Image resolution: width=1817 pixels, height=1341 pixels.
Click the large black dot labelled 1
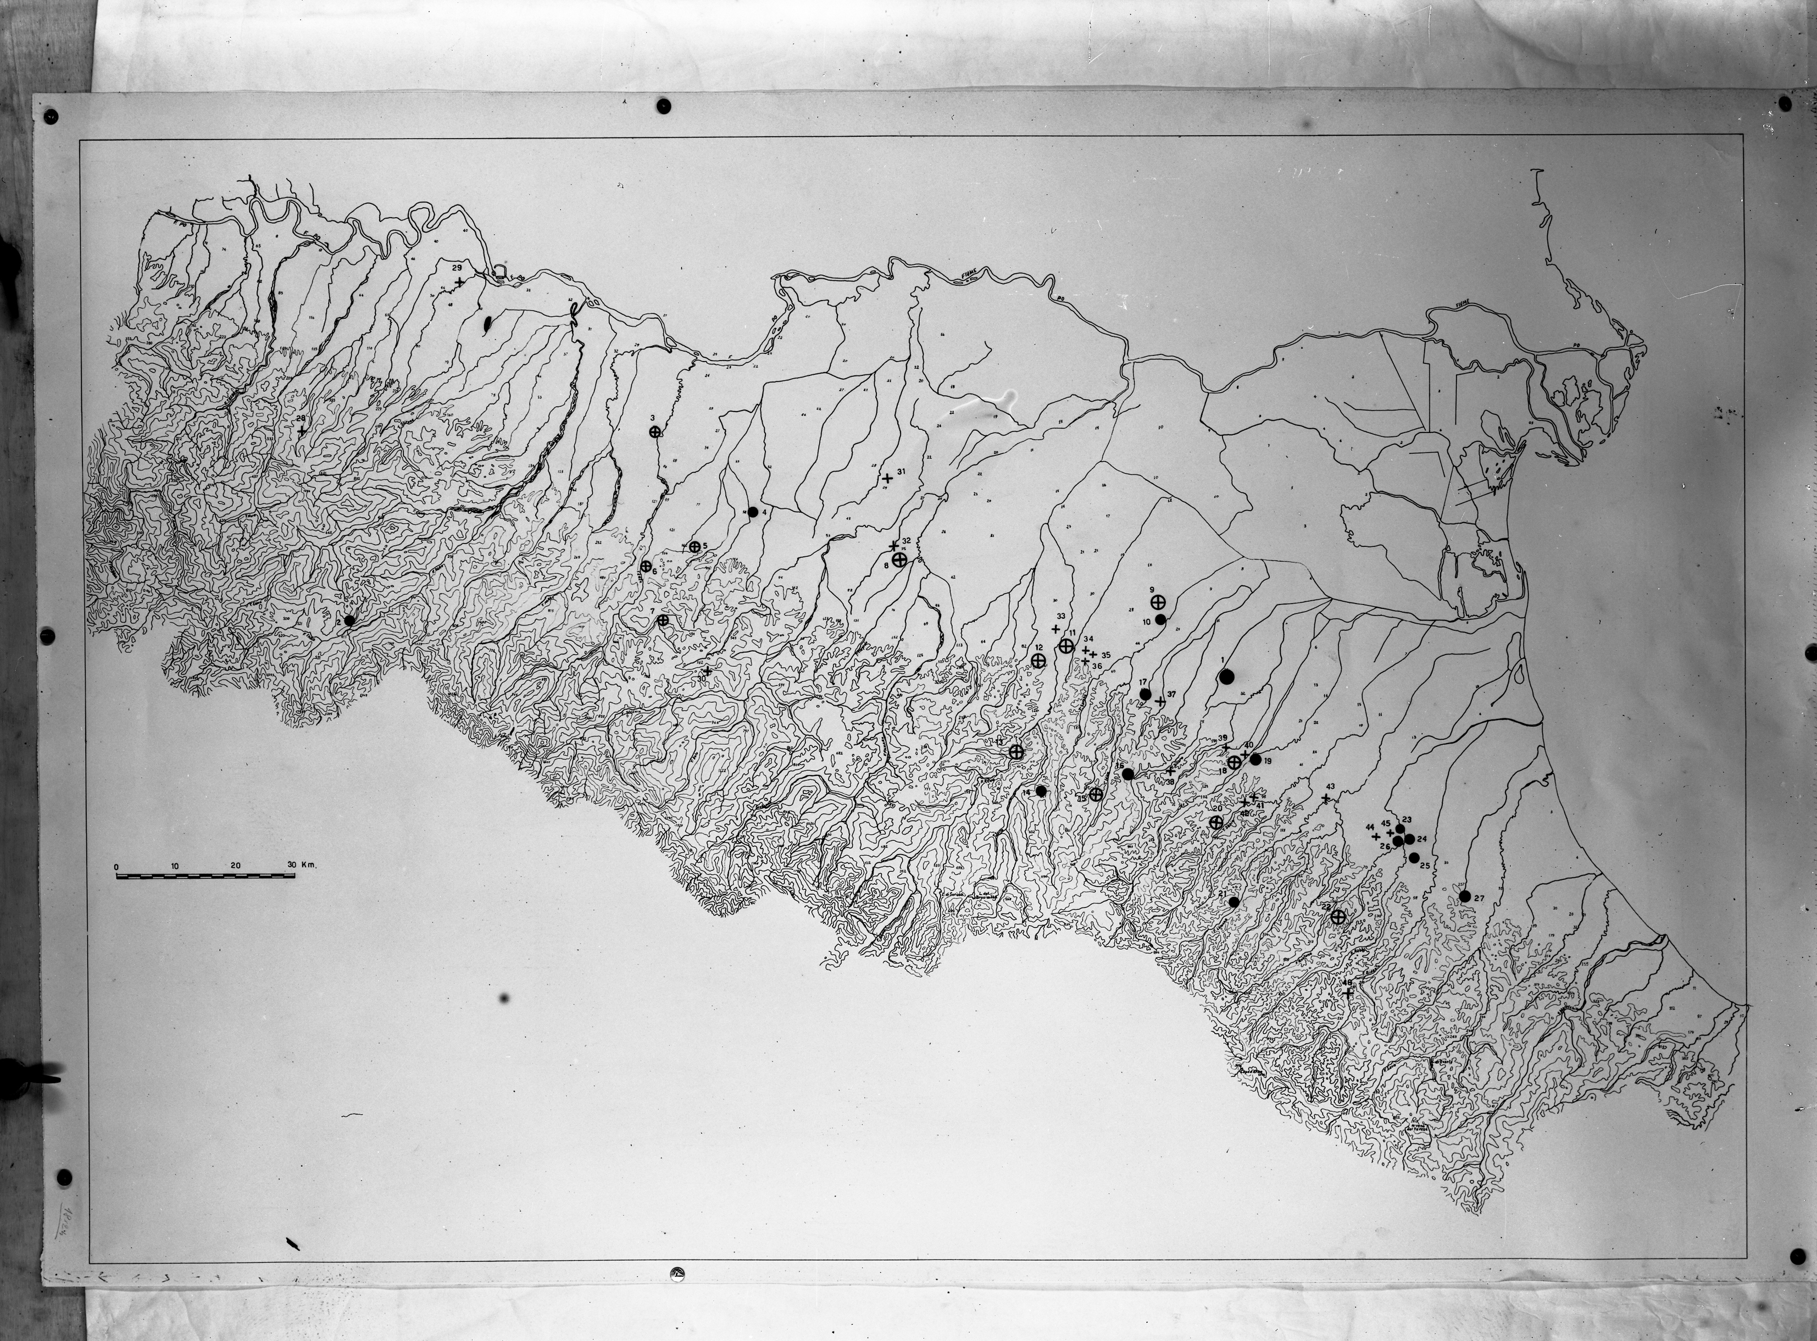pyautogui.click(x=1226, y=676)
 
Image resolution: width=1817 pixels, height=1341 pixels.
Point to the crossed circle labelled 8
pyautogui.click(x=899, y=559)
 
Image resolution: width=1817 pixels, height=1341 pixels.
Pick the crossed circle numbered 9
pyautogui.click(x=1159, y=601)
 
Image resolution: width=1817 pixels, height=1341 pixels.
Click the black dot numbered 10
pyautogui.click(x=1160, y=619)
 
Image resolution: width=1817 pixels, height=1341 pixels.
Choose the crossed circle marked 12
pyautogui.click(x=1038, y=660)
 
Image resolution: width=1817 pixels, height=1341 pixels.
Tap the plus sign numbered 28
pyautogui.click(x=302, y=431)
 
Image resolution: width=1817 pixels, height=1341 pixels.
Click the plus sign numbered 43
pyautogui.click(x=1326, y=800)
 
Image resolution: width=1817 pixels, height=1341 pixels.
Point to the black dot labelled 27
pyautogui.click(x=1465, y=896)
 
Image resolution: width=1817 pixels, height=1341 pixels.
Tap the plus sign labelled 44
pyautogui.click(x=1376, y=836)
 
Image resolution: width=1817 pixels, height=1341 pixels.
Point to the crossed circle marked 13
pyautogui.click(x=1016, y=752)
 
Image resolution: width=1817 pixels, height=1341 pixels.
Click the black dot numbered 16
pyautogui.click(x=1127, y=774)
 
